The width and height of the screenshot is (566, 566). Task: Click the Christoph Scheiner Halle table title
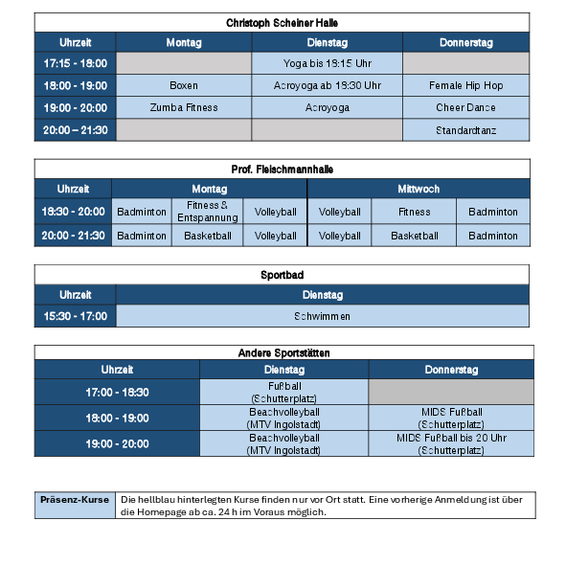point(282,22)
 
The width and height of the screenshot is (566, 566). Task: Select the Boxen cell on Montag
point(183,85)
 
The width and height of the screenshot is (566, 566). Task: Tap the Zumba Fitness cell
point(183,107)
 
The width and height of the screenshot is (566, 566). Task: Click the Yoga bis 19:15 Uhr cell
point(327,63)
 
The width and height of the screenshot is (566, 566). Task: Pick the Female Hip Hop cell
point(465,85)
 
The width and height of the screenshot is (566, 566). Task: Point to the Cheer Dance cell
point(465,107)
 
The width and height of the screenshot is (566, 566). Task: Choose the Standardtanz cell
point(465,129)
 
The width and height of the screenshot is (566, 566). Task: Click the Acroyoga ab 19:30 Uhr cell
point(327,85)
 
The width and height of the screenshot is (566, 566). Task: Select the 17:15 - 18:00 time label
point(76,63)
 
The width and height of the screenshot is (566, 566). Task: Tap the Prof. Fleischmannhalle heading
point(282,169)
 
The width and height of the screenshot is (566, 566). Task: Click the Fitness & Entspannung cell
point(207,212)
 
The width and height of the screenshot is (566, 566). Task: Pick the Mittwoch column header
point(418,189)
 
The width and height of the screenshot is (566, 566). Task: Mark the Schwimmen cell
point(322,316)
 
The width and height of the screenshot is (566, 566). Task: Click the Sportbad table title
point(282,275)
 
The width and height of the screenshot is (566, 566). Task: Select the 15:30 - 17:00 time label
point(76,316)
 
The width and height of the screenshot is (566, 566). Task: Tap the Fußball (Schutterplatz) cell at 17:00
point(283,392)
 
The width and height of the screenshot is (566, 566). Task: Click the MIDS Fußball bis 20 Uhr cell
point(450,443)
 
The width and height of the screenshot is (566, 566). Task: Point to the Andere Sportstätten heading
point(282,353)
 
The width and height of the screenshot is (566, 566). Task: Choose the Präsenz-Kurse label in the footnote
point(75,499)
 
